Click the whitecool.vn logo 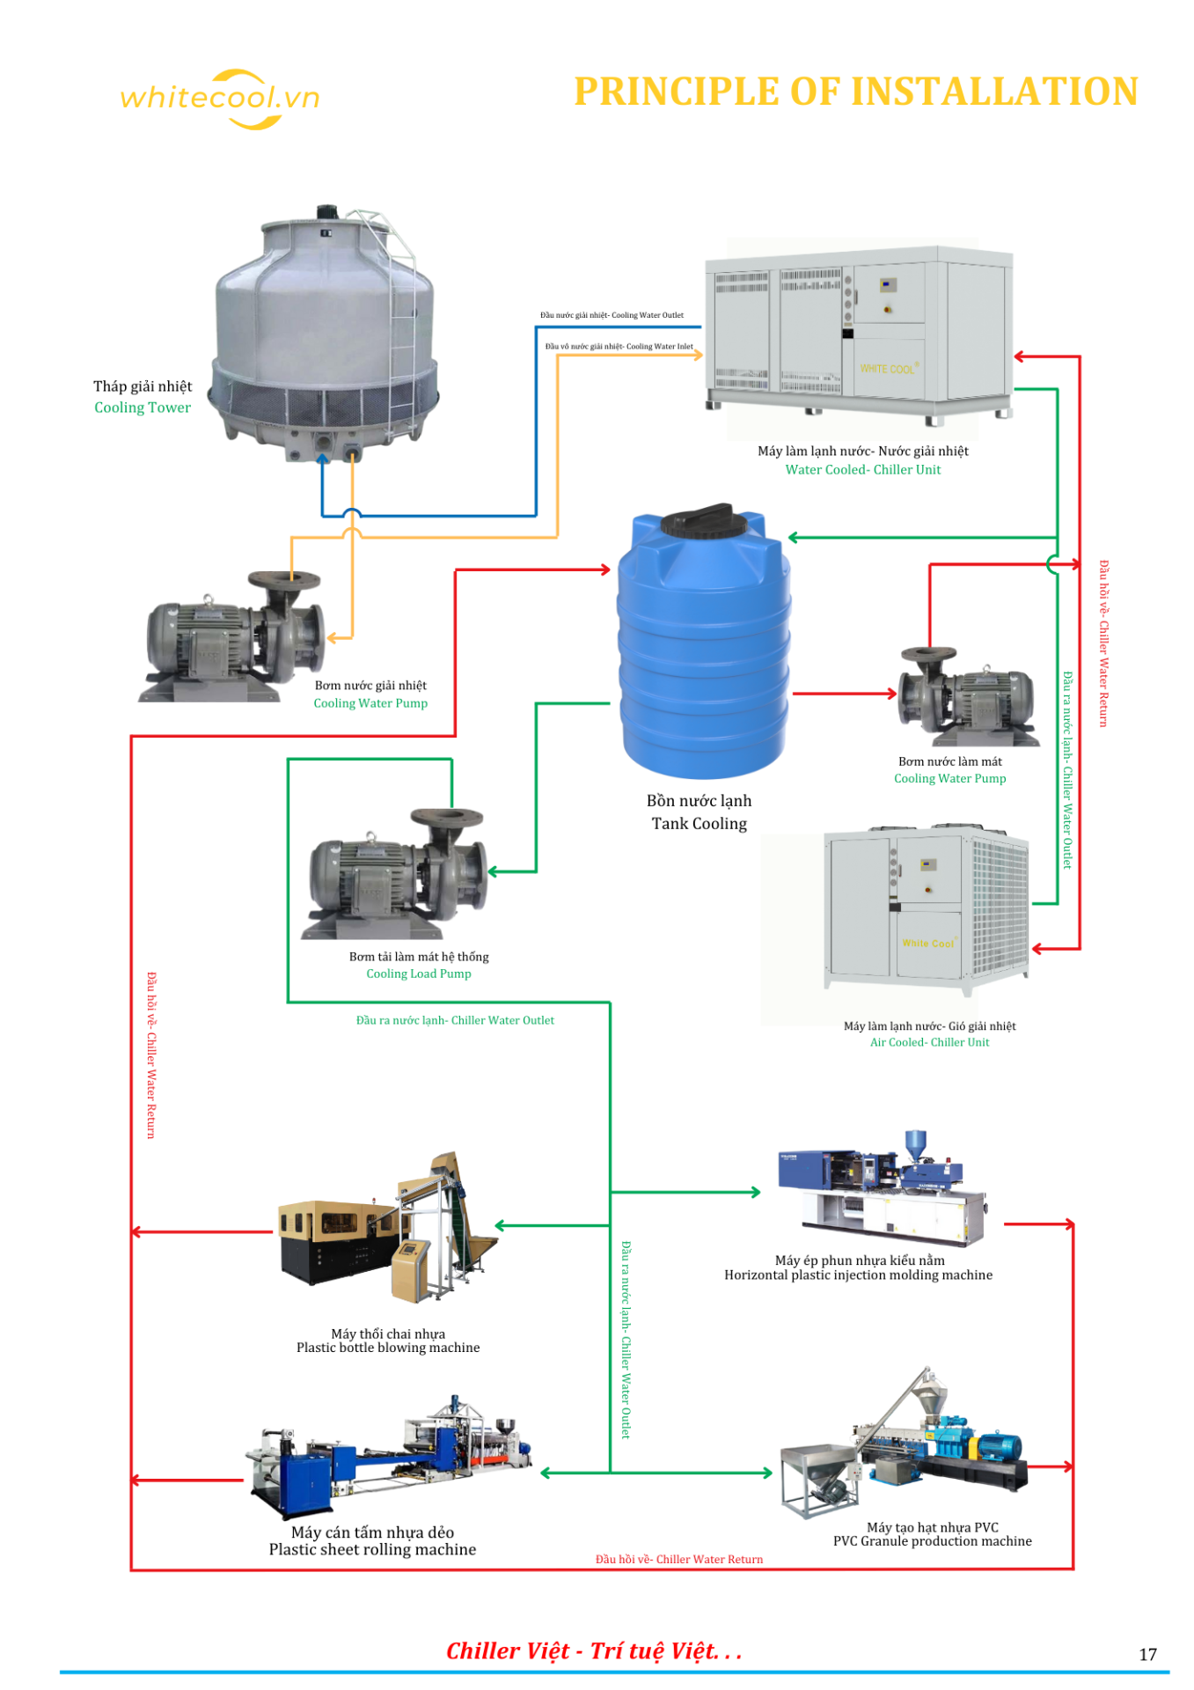coord(220,98)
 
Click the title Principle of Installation coord(855,92)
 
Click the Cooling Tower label coord(143,408)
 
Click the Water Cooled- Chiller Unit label coord(862,470)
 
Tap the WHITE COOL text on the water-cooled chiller coord(888,369)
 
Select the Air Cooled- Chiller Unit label coord(929,1042)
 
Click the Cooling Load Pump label coord(419,974)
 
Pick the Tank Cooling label coord(700,824)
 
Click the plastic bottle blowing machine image coord(387,1228)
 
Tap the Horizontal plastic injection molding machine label coord(858,1275)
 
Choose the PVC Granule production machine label coord(932,1541)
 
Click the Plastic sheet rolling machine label coord(372,1550)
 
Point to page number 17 coord(1147,1655)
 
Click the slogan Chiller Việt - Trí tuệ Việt coord(594,1651)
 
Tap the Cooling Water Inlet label coord(619,347)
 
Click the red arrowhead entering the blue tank coord(605,569)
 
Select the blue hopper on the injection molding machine coord(916,1143)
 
